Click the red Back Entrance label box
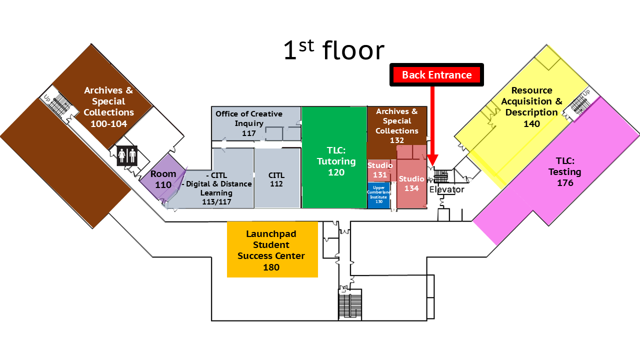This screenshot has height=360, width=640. (x=436, y=75)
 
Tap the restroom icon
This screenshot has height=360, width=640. (x=127, y=155)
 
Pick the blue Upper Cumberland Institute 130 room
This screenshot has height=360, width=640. (x=379, y=195)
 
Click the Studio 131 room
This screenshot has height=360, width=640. (x=380, y=170)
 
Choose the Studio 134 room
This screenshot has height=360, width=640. (x=411, y=183)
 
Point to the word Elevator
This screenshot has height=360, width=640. (x=446, y=190)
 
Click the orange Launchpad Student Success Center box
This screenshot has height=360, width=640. (x=272, y=249)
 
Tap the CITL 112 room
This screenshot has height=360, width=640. (x=276, y=179)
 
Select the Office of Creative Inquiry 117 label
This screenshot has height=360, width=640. (x=248, y=123)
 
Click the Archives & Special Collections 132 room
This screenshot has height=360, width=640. (x=397, y=126)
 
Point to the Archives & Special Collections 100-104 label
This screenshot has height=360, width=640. (x=108, y=107)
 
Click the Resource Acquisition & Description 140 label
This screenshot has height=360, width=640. (x=531, y=107)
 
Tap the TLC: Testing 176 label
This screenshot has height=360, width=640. (x=565, y=172)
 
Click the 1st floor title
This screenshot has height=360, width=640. (x=333, y=50)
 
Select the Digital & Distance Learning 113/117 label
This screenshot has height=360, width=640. (x=216, y=188)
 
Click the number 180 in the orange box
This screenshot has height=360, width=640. (x=271, y=267)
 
